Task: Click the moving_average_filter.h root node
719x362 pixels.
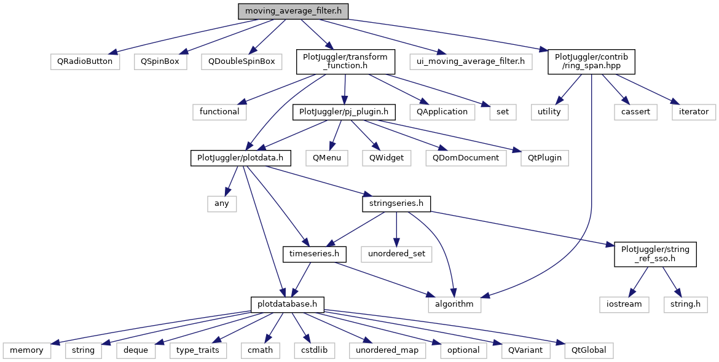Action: click(x=293, y=11)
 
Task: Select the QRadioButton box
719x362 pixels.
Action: click(x=85, y=61)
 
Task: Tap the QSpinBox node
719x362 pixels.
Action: click(x=160, y=61)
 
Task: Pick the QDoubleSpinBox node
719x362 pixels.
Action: click(x=241, y=61)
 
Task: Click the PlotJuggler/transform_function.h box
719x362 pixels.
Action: click(x=345, y=61)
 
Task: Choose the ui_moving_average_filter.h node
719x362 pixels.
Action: click(x=471, y=61)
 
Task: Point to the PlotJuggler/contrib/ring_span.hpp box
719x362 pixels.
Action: click(x=591, y=61)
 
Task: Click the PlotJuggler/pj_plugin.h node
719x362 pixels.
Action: click(x=344, y=112)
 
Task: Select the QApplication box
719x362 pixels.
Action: click(x=442, y=112)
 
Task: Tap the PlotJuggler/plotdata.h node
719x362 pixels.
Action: click(x=241, y=158)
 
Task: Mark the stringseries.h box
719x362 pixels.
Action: click(x=396, y=203)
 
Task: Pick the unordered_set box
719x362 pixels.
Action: click(x=396, y=254)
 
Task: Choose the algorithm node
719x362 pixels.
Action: click(x=454, y=305)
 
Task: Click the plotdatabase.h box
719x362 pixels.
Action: click(x=288, y=305)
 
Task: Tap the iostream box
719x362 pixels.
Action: click(x=624, y=305)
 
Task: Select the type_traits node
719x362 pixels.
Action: click(x=198, y=350)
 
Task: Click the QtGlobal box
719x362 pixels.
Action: click(x=588, y=350)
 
